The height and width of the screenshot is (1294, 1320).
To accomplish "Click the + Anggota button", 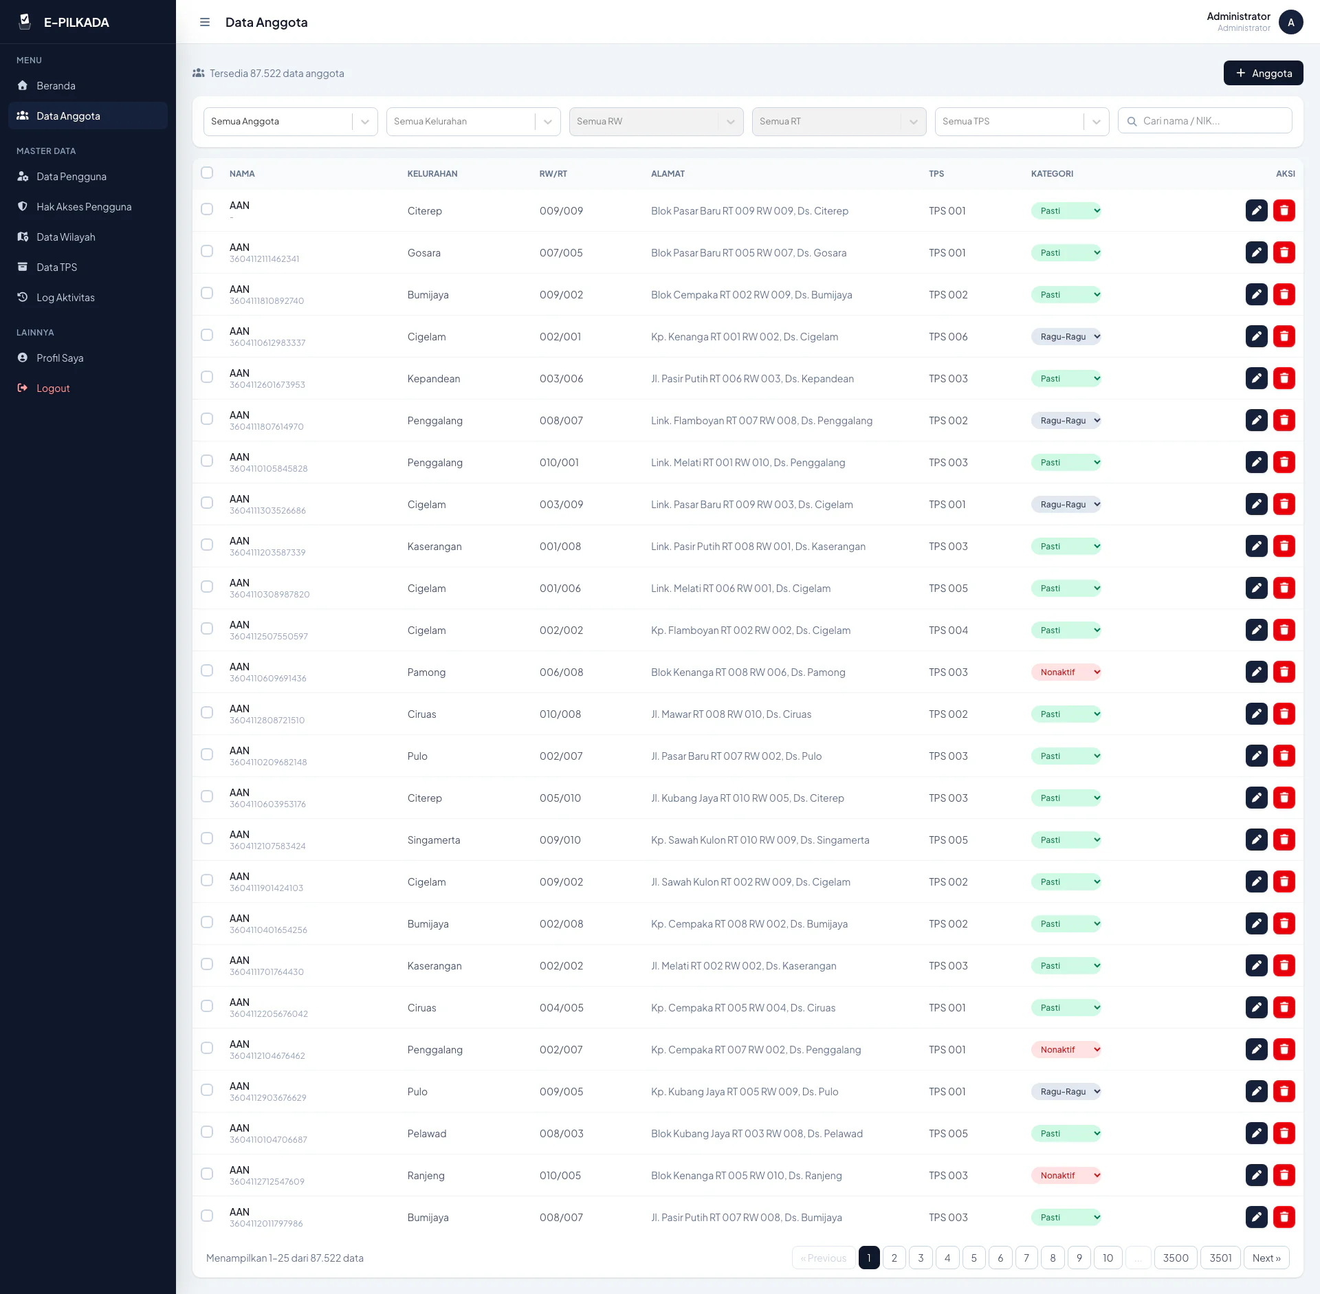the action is click(x=1263, y=73).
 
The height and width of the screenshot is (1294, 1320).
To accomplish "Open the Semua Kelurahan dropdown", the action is click(x=473, y=122).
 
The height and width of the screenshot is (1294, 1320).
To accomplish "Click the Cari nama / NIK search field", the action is click(x=1204, y=121).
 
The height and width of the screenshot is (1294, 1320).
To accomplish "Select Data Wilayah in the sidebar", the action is click(x=66, y=237).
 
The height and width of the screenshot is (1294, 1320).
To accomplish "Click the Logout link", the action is click(x=53, y=388).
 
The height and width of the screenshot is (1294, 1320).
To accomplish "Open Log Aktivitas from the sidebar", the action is click(x=65, y=298).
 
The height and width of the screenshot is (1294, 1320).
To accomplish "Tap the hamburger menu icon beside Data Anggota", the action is click(x=205, y=22).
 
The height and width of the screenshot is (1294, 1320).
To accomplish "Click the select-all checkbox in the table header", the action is click(x=207, y=173).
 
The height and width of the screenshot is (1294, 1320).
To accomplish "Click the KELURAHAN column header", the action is click(x=432, y=174).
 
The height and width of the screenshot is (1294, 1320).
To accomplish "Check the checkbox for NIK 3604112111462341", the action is click(x=207, y=251).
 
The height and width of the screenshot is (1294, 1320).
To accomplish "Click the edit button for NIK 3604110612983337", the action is click(x=1257, y=336).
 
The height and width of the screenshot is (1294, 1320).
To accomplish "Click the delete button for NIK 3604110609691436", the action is click(x=1284, y=672).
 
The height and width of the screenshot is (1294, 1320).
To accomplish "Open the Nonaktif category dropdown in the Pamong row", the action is click(x=1066, y=672).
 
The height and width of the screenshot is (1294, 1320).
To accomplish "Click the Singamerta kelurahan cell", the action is click(x=434, y=840).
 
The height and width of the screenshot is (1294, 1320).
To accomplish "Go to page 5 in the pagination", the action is click(x=974, y=1258).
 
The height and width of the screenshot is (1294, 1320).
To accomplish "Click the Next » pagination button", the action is click(x=1266, y=1258).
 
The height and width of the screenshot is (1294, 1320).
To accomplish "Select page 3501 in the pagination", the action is click(x=1221, y=1258).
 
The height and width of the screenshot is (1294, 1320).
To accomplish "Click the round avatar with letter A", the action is click(x=1291, y=22).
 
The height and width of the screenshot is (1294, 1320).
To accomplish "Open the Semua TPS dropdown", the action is click(x=1022, y=122).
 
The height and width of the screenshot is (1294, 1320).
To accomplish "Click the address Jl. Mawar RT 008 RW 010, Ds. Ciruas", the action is click(x=731, y=714).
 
